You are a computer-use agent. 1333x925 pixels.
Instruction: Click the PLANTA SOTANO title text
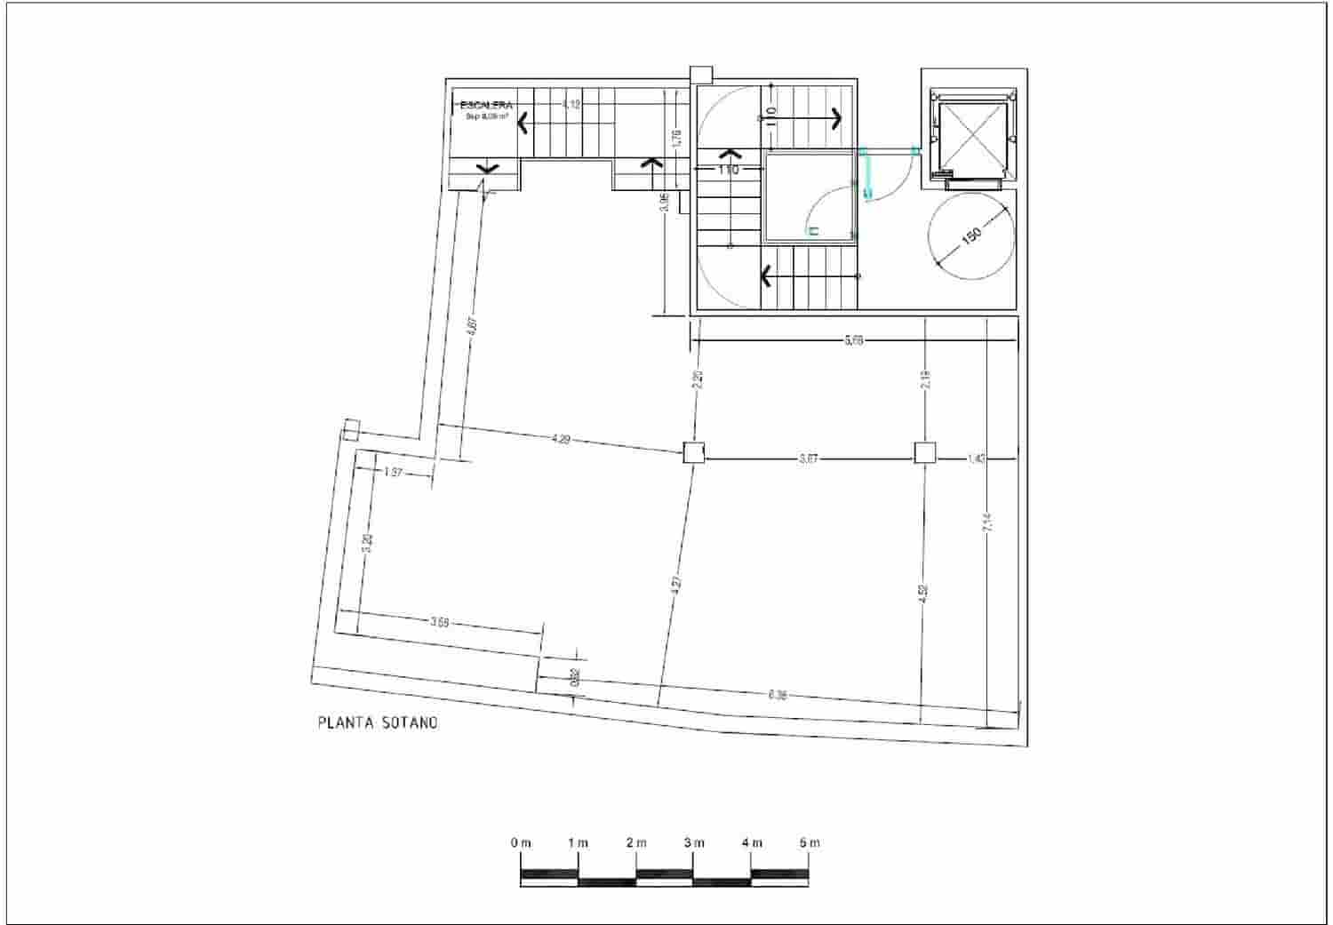(x=378, y=723)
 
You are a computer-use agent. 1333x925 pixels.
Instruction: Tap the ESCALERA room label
(x=486, y=106)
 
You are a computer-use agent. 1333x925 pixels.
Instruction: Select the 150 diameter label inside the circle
(x=971, y=235)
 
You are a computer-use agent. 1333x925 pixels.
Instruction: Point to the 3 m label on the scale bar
(x=694, y=842)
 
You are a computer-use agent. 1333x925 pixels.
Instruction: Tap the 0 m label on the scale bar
(x=521, y=842)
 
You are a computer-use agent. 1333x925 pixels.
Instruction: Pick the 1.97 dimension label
(x=395, y=474)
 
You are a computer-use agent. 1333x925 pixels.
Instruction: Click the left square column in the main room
(x=694, y=453)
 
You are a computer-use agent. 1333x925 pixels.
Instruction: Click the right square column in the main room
(x=925, y=453)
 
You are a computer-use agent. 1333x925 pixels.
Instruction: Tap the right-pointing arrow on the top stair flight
(x=835, y=116)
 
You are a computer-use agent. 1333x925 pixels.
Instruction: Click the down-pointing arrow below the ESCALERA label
(x=488, y=167)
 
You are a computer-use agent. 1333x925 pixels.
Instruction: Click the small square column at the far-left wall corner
(x=350, y=430)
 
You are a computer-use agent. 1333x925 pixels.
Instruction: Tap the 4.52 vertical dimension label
(x=923, y=594)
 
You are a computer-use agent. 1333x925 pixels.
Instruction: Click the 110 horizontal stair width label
(x=728, y=169)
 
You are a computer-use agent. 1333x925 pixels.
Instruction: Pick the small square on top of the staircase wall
(x=701, y=76)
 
